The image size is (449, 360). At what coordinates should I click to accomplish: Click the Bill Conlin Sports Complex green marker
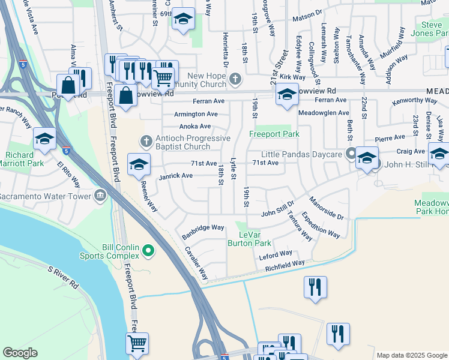point(146,251)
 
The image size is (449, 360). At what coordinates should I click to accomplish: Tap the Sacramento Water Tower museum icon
point(100,196)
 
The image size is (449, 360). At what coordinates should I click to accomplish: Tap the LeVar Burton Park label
point(250,239)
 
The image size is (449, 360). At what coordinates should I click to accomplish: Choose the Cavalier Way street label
point(196,263)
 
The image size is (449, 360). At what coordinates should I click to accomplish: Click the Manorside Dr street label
point(327,208)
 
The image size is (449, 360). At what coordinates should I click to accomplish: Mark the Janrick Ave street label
point(175,176)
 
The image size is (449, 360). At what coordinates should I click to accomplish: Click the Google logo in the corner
point(20,353)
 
